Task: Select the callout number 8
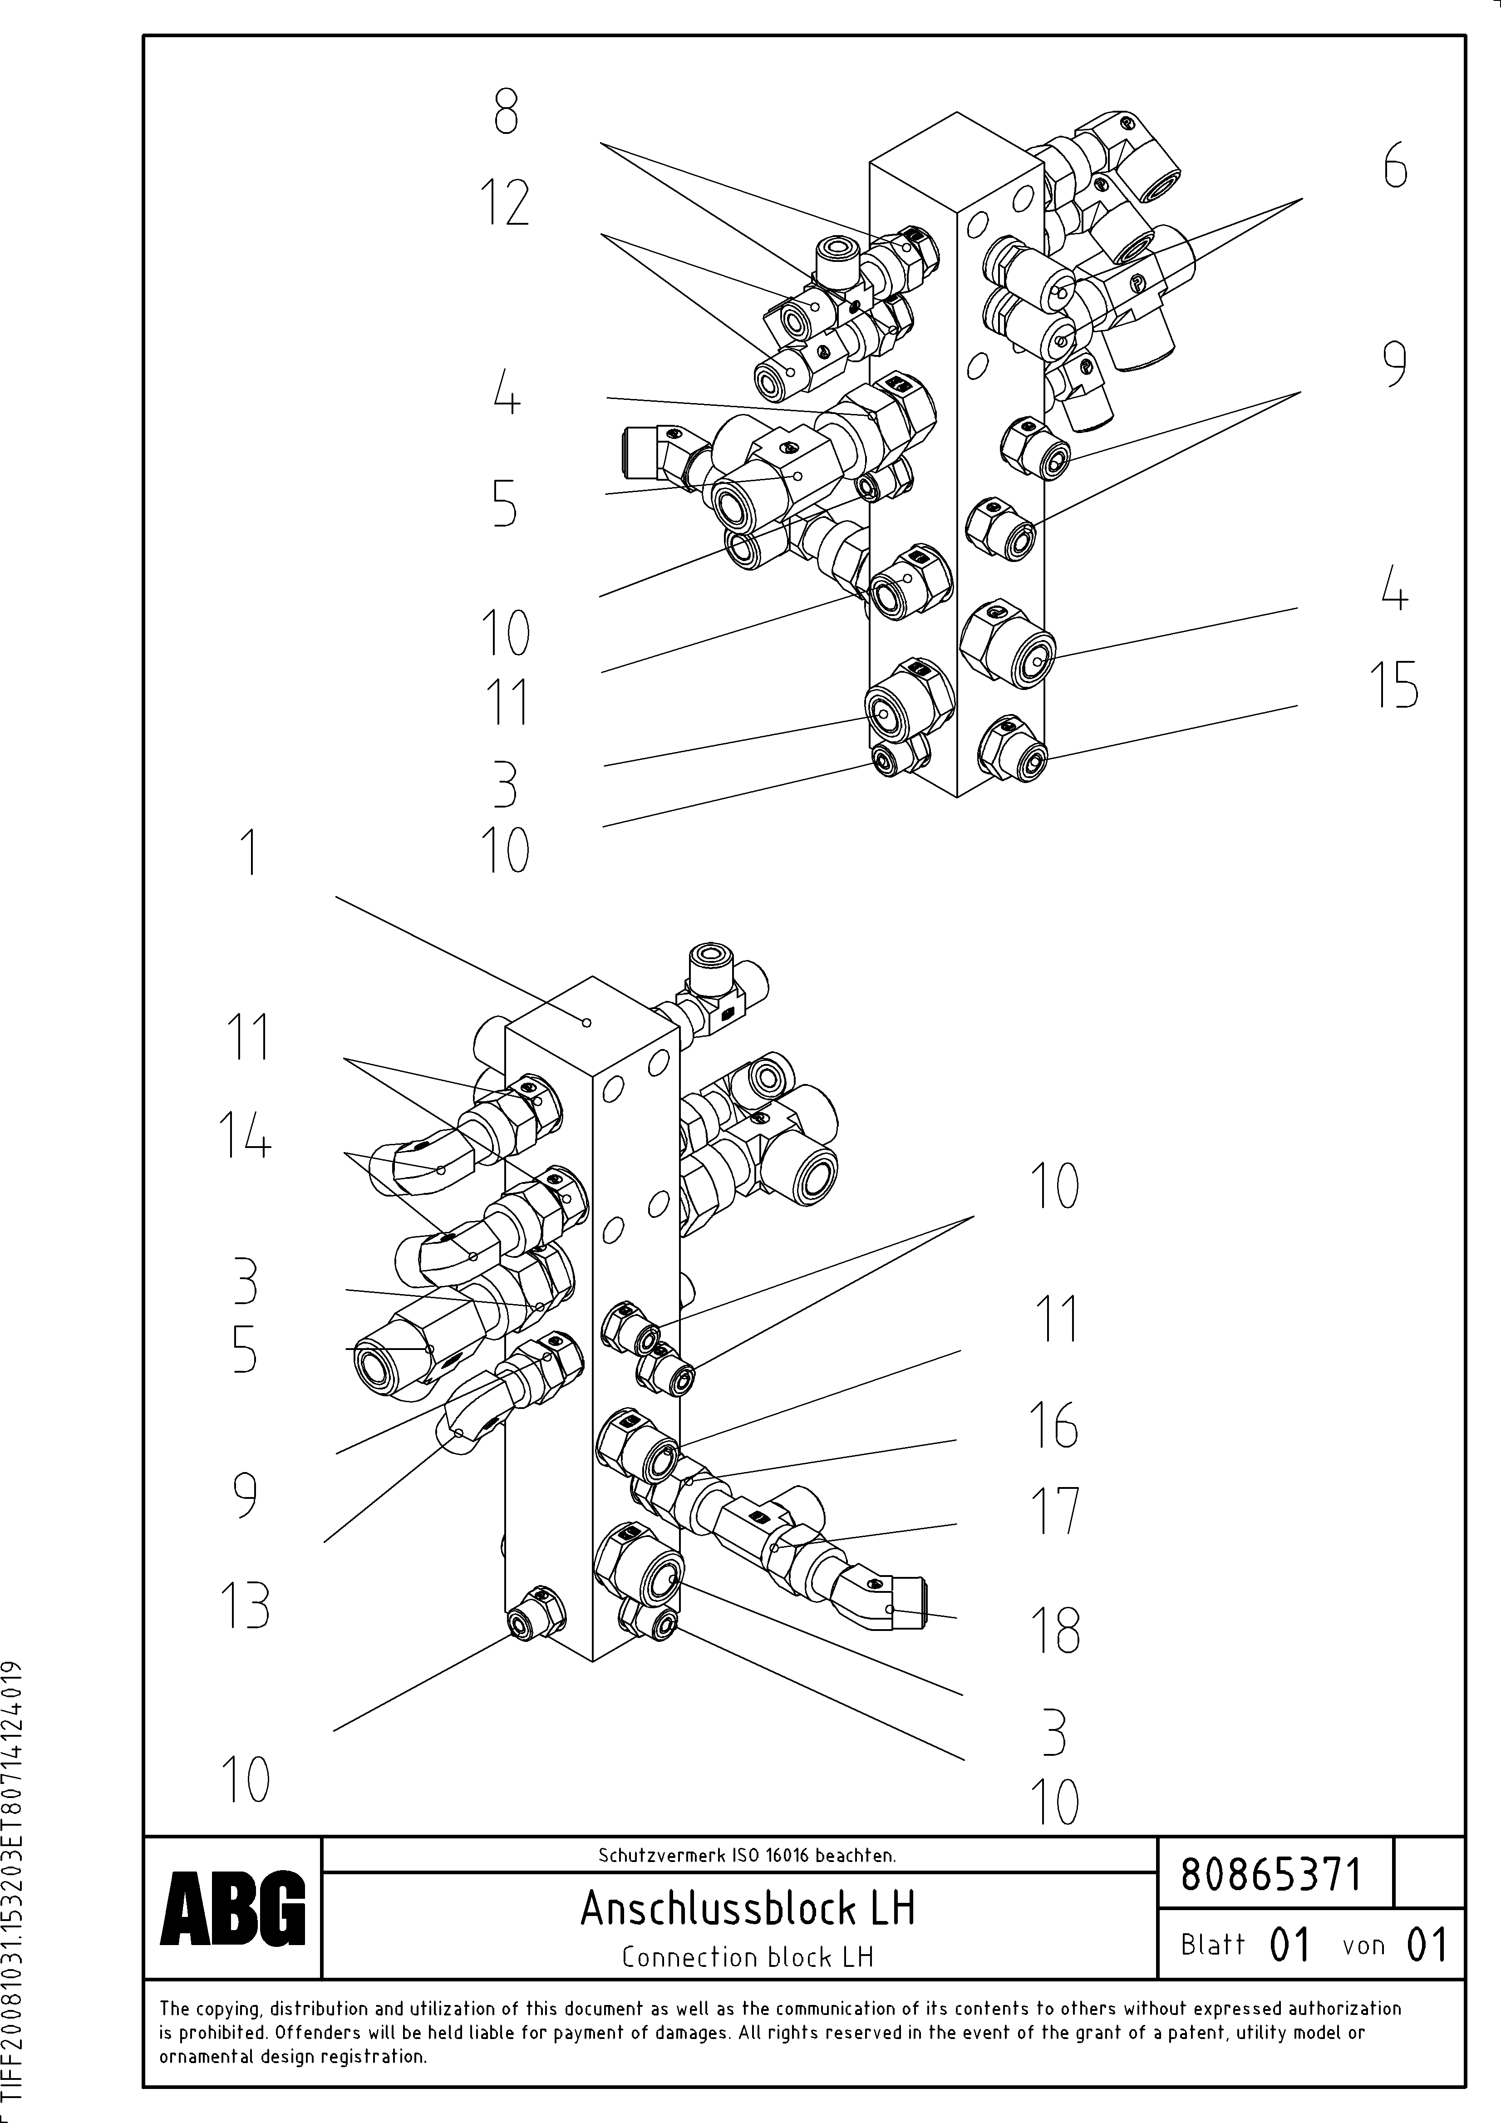(x=505, y=114)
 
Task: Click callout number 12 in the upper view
(x=505, y=203)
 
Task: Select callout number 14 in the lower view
(x=245, y=1135)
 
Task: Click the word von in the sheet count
(x=1363, y=1946)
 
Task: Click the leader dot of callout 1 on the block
(x=586, y=1022)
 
